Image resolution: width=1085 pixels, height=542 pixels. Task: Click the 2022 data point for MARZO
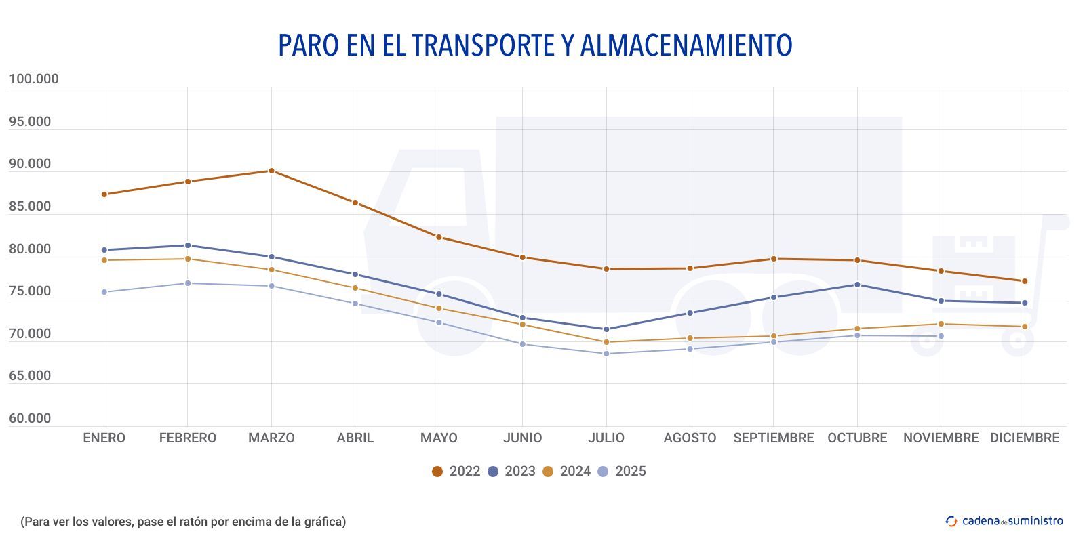[x=271, y=171]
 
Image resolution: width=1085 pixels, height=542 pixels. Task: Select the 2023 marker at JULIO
[x=606, y=329]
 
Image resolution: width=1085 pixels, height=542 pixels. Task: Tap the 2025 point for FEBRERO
[x=188, y=283]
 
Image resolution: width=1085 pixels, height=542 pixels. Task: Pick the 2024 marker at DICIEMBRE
[x=1025, y=327]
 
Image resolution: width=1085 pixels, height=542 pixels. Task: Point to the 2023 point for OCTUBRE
[x=857, y=285]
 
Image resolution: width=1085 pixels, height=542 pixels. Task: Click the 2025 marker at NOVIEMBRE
[x=941, y=336]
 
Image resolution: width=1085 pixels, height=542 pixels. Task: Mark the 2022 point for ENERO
[x=104, y=194]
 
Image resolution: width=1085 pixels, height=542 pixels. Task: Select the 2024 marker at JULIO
[x=606, y=342]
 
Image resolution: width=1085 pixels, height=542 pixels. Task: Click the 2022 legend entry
[x=456, y=472]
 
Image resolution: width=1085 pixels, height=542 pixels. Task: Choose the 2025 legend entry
[x=622, y=472]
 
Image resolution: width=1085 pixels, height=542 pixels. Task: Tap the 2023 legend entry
[x=511, y=472]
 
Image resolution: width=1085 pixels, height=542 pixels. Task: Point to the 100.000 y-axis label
[x=34, y=79]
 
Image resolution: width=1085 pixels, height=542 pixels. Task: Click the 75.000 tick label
[x=30, y=291]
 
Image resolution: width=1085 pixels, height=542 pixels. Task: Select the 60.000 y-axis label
[x=30, y=419]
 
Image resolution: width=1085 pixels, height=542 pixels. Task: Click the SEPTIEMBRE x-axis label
[x=773, y=438]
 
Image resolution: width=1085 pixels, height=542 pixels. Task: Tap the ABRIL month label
[x=355, y=438]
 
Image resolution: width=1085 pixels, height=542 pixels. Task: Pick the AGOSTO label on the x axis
[x=690, y=438]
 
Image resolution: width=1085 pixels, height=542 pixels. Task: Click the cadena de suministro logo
[x=1004, y=521]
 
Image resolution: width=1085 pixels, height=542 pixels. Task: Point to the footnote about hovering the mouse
[x=183, y=522]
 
